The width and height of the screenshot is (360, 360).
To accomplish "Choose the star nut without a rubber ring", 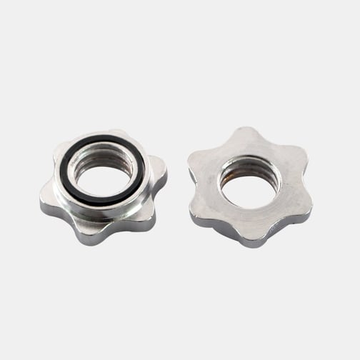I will [x=250, y=187].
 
